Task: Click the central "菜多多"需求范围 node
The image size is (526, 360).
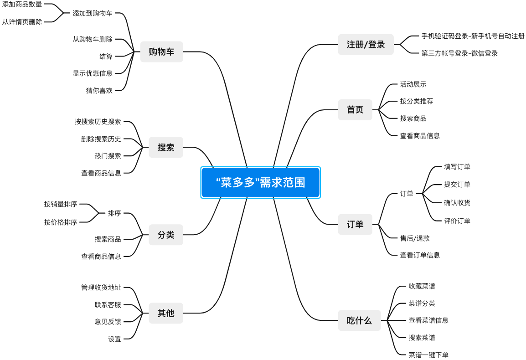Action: click(260, 182)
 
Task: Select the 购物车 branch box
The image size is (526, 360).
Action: click(161, 51)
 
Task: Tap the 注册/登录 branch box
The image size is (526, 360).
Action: click(366, 44)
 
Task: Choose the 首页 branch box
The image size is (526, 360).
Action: click(355, 110)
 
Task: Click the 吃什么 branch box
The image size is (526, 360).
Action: click(359, 320)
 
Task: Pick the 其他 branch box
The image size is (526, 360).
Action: click(165, 313)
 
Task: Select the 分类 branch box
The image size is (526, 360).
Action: click(165, 235)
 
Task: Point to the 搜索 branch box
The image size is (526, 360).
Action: click(165, 147)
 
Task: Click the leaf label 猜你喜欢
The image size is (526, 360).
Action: click(99, 90)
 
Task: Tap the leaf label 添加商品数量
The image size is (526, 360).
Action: click(22, 4)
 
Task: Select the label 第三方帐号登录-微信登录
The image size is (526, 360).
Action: click(459, 53)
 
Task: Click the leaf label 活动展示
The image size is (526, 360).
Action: click(413, 84)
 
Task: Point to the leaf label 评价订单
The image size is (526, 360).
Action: click(457, 221)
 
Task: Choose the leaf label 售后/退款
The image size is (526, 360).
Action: click(415, 238)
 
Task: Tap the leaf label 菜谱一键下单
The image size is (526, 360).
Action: click(428, 355)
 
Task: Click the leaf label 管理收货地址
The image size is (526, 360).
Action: click(101, 288)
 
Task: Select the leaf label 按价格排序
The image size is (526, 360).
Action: click(61, 222)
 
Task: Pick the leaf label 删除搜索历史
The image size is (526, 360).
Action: click(101, 139)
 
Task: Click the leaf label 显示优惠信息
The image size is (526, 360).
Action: click(93, 73)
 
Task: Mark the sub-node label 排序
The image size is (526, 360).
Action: click(114, 213)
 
